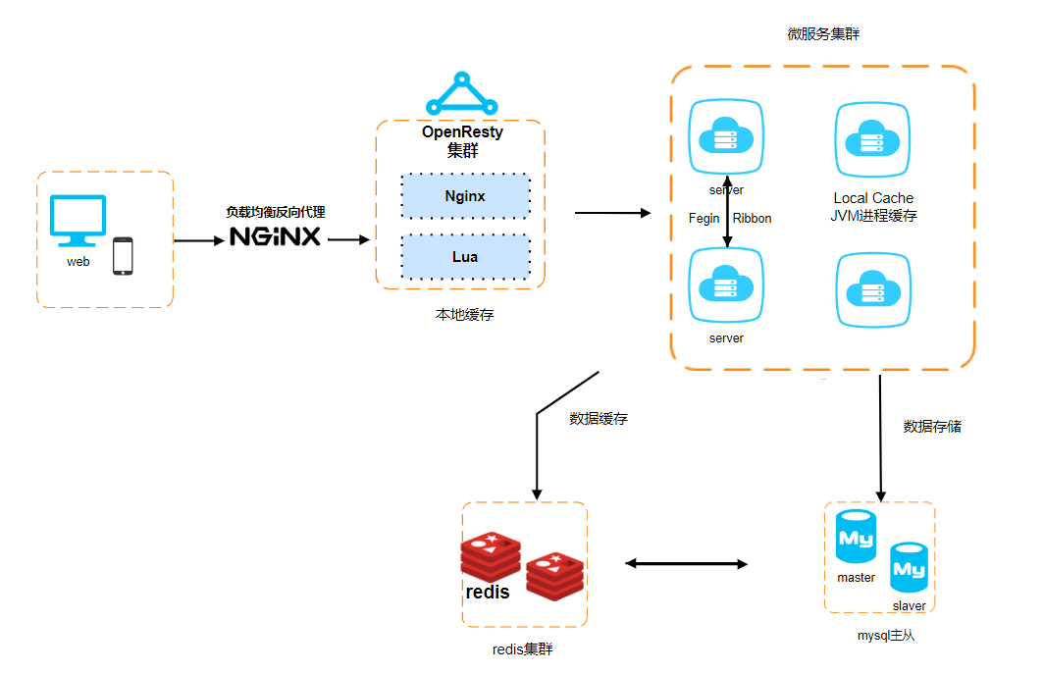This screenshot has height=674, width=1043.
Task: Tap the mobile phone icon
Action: tap(123, 255)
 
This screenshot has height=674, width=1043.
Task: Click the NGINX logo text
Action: tap(275, 237)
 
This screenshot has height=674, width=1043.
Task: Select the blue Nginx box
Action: tap(465, 196)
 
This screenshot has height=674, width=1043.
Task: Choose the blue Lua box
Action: tap(465, 256)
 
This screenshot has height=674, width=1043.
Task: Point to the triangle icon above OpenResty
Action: tap(461, 93)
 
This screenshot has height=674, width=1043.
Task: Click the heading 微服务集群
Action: tap(823, 33)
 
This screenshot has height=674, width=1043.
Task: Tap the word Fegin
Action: tap(704, 219)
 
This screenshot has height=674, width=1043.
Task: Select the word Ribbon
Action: tap(752, 219)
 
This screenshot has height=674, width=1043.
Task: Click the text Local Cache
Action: tap(873, 198)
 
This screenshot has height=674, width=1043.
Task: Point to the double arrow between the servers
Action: tap(727, 212)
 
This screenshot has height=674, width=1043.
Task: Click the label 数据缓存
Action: tap(599, 419)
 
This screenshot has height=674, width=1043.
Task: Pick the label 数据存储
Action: tap(932, 427)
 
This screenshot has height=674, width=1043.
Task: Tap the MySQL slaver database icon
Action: tap(909, 566)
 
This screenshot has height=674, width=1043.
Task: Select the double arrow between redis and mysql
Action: tap(687, 564)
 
